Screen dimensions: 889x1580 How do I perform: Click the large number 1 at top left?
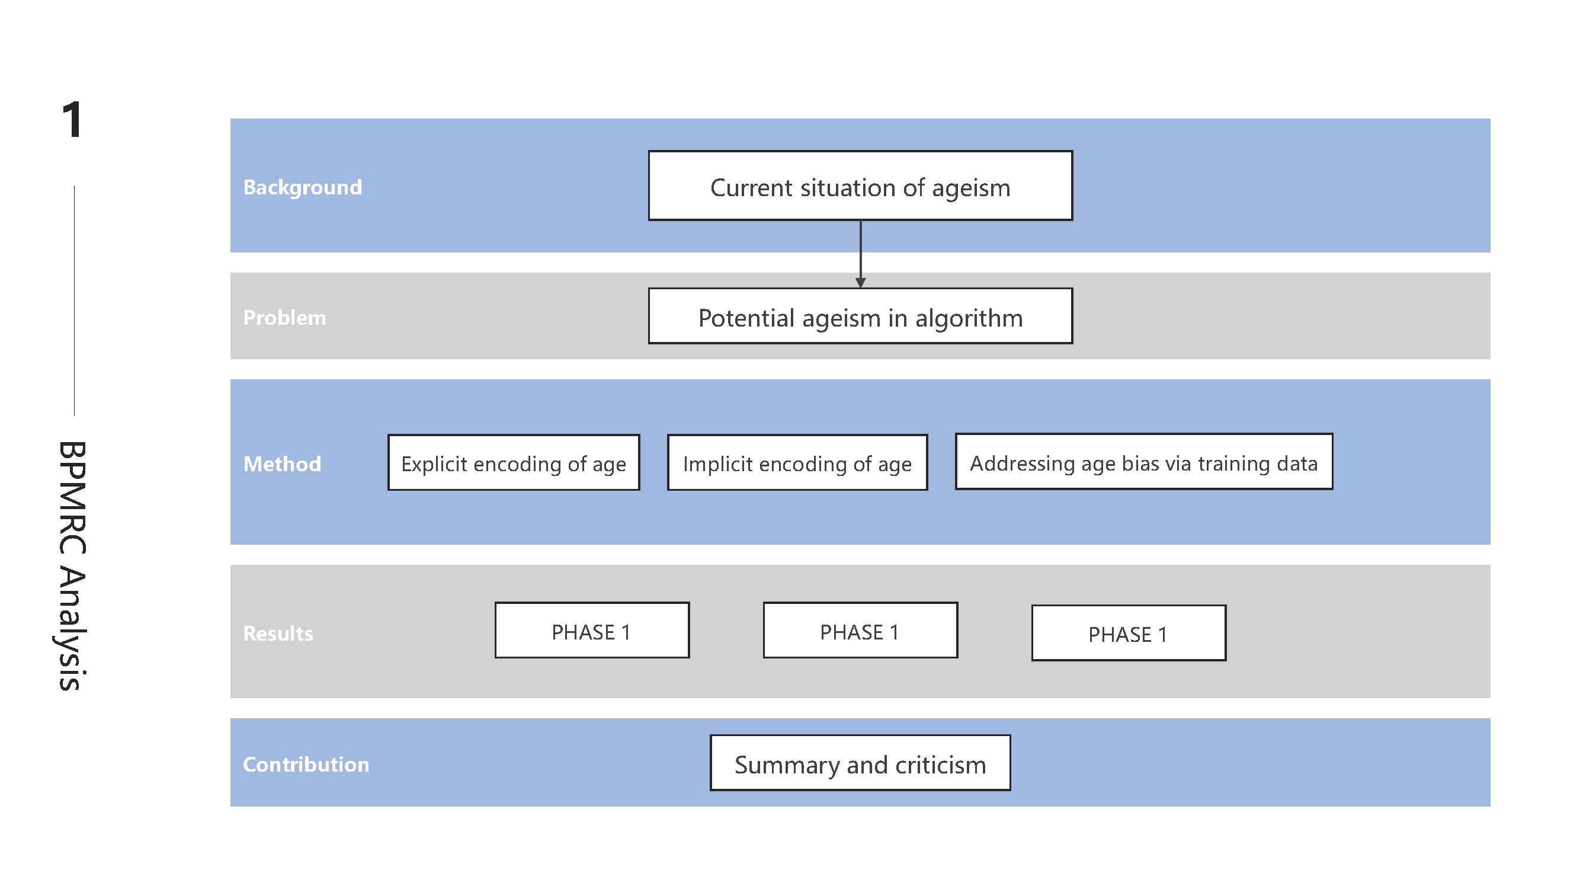coord(72,120)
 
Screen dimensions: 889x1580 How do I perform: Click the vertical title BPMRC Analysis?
coord(72,565)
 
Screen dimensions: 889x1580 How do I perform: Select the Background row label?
coord(302,187)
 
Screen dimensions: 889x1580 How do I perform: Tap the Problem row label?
coord(284,318)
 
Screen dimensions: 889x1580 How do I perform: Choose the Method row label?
coord(282,464)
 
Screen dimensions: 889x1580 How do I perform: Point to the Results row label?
coord(278,633)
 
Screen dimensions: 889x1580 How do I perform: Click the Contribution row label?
coord(306,765)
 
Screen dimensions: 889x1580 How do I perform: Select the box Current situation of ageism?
coord(860,186)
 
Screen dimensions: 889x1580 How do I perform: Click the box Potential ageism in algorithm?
coord(860,316)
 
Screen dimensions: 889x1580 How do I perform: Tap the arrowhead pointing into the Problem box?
coord(861,282)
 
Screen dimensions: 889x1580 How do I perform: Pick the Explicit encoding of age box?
coord(514,463)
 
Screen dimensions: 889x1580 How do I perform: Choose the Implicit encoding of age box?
coord(797,463)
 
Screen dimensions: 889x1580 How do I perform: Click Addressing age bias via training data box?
coord(1143,462)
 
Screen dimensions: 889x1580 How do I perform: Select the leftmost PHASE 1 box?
coord(592,631)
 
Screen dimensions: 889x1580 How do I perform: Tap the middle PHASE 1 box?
coord(860,631)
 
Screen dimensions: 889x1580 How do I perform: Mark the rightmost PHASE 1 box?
coord(1128,633)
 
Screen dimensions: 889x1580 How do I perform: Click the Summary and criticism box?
coord(860,763)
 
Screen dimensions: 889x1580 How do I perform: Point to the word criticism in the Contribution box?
coord(940,765)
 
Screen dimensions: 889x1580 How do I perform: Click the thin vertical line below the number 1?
coord(74,300)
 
